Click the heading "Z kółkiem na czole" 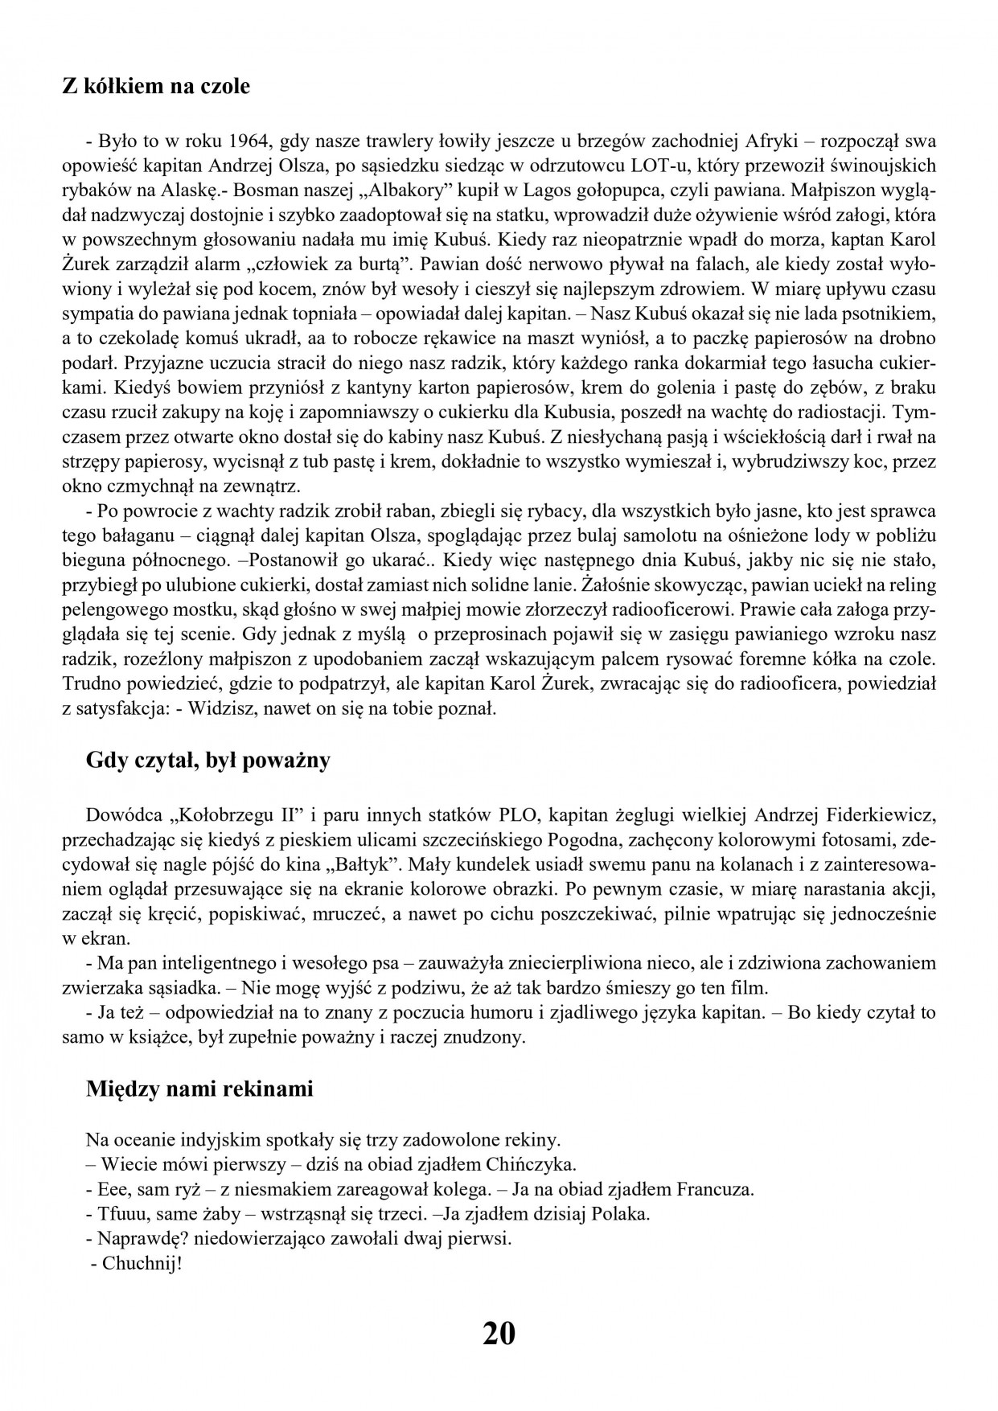tap(156, 86)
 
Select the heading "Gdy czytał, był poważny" tap(207, 760)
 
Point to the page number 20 tap(499, 1334)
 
